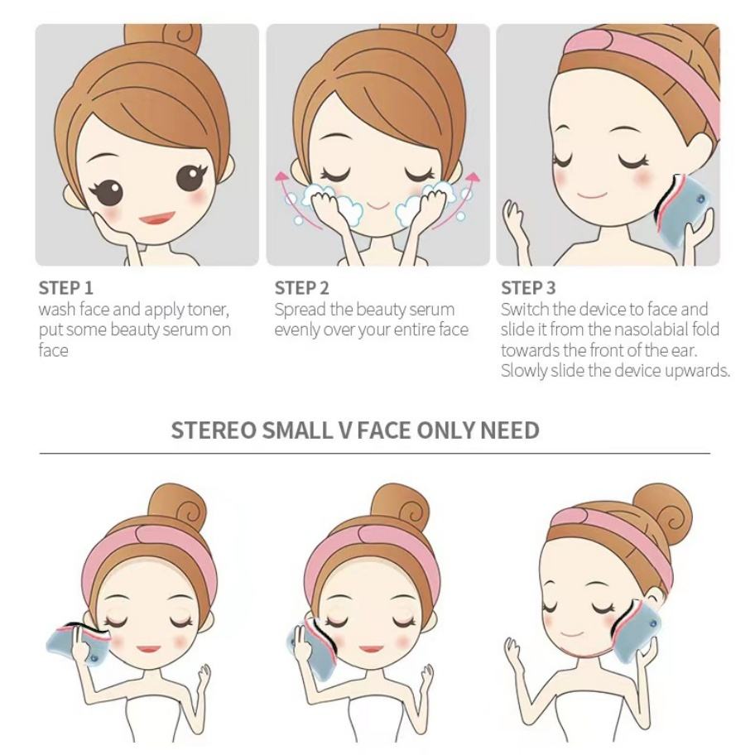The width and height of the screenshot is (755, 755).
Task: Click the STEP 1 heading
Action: pyautogui.click(x=65, y=288)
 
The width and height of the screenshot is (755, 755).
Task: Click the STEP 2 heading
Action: pyautogui.click(x=302, y=288)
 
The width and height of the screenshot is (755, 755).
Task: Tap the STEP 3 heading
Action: pyautogui.click(x=528, y=288)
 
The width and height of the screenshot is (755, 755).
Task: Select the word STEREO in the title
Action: pyautogui.click(x=214, y=430)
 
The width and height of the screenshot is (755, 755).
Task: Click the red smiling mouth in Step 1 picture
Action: pyautogui.click(x=156, y=219)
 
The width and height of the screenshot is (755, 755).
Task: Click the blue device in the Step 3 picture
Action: pyautogui.click(x=684, y=210)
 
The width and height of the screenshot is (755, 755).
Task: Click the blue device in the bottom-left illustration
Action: pyautogui.click(x=78, y=641)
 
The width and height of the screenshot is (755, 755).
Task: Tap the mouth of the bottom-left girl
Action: pyautogui.click(x=149, y=648)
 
